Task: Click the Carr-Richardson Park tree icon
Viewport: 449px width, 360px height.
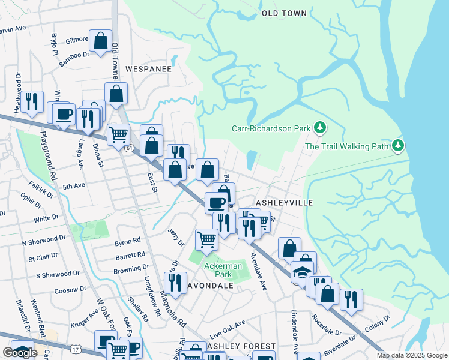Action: click(321, 128)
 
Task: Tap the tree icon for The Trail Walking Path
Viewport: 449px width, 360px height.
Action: click(397, 146)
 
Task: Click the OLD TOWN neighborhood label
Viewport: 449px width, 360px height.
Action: click(285, 13)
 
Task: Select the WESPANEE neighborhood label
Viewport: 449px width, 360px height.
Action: click(148, 69)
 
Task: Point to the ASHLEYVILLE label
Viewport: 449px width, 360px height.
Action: click(285, 203)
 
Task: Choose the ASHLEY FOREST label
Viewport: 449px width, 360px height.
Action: click(241, 347)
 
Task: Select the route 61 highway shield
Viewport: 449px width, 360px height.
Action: click(129, 148)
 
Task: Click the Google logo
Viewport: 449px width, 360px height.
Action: click(20, 352)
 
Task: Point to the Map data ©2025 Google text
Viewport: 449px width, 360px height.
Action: click(411, 355)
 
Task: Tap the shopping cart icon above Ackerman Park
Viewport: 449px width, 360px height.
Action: click(207, 239)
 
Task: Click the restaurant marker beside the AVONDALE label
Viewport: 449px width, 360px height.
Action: click(175, 283)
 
